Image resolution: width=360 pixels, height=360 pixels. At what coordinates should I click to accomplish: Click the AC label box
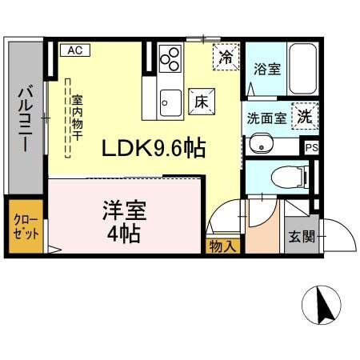point(75,50)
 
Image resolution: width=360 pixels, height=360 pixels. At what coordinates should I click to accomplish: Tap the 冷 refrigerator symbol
point(226,57)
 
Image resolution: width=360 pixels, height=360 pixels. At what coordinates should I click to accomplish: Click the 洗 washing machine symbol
point(304,117)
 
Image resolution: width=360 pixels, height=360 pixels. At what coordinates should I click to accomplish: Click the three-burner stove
point(170,59)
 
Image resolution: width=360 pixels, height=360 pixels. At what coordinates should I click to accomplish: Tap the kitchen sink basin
point(170,101)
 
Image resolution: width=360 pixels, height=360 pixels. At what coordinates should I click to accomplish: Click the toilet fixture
point(282,176)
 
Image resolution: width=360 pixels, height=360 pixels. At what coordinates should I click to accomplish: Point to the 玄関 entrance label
point(301,238)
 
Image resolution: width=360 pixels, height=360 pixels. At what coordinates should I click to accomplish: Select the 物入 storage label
point(222,246)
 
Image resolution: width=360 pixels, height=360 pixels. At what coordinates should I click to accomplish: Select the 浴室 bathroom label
point(266,69)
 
